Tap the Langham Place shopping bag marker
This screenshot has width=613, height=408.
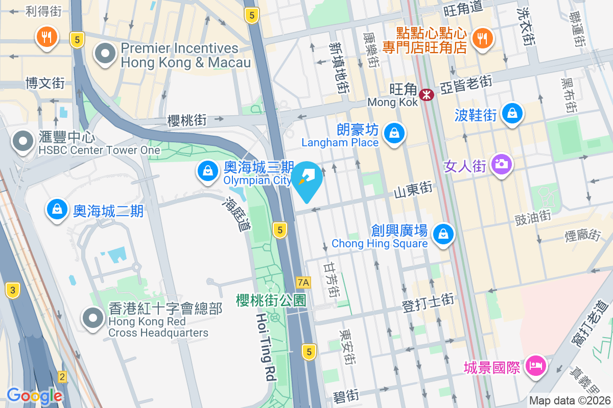394,134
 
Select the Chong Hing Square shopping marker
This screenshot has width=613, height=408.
443,235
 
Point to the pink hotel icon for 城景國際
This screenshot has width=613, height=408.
535,365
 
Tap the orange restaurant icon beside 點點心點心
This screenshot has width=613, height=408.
481,37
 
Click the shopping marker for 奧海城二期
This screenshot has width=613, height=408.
57,209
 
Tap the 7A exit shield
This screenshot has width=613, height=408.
303,282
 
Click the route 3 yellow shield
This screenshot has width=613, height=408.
13,291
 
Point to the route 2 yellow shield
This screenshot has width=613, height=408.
62,377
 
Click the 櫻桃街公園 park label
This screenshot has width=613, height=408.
271,300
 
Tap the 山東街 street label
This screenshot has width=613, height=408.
413,189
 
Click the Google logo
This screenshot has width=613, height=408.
34,395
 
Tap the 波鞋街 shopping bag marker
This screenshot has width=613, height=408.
511,114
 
